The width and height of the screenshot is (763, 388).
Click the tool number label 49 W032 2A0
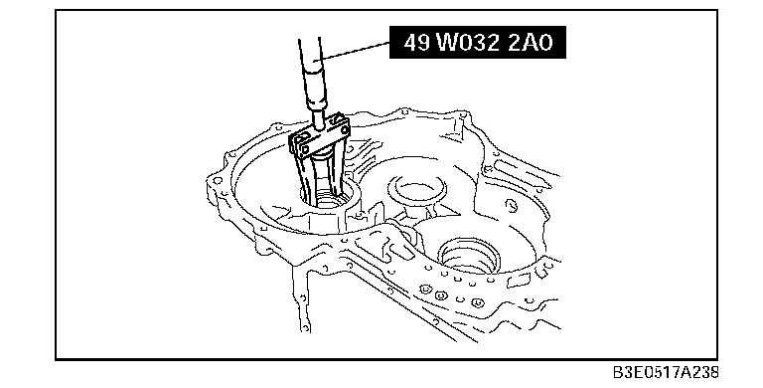(478, 43)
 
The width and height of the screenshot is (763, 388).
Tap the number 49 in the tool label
(417, 43)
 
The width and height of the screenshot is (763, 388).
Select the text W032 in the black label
(468, 43)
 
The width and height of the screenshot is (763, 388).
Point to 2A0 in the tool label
(531, 43)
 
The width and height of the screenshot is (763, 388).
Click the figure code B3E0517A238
(666, 373)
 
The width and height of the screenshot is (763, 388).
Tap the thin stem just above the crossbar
(319, 118)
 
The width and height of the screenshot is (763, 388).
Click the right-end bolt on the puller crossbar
(345, 130)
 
